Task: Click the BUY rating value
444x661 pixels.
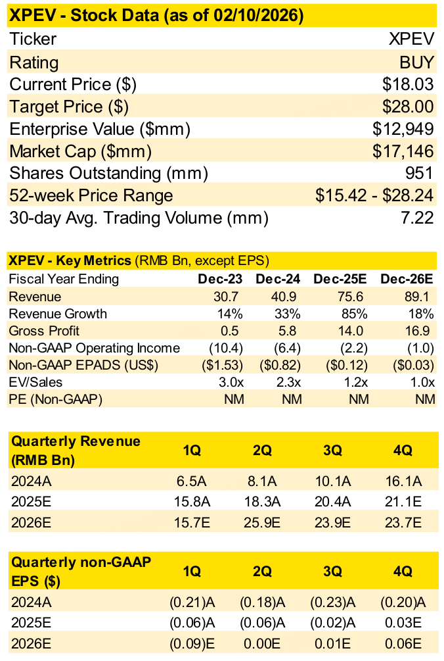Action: pos(416,62)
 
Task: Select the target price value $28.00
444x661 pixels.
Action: pos(408,107)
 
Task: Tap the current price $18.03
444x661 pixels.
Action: pos(408,85)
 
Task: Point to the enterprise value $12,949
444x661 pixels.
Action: pos(403,130)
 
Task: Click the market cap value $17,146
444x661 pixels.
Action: pos(403,152)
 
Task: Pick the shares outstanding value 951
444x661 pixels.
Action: pos(419,174)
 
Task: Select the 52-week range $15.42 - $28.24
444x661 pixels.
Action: pos(374,196)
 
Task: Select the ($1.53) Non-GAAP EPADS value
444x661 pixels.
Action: pos(223,365)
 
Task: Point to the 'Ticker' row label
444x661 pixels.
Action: pos(33,39)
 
